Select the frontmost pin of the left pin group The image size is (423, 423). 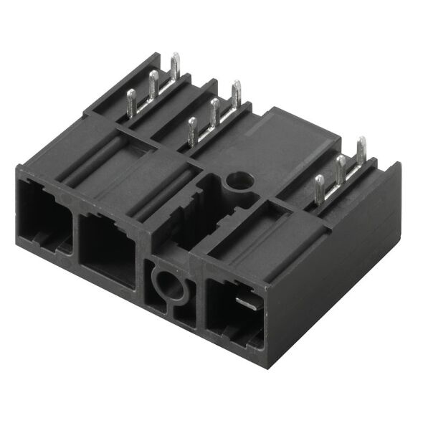131,101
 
